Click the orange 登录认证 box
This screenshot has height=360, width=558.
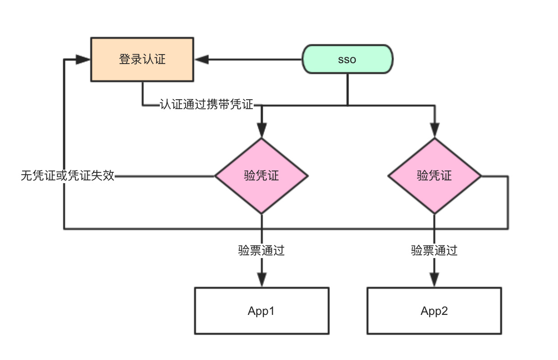142,60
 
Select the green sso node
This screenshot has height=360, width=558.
347,59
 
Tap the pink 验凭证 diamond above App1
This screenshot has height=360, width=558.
261,175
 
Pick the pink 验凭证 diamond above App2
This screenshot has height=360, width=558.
434,175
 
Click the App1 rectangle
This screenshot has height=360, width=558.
261,311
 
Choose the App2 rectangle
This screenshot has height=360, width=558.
434,311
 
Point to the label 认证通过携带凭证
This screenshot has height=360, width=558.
206,105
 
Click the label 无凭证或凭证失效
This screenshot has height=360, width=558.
68,175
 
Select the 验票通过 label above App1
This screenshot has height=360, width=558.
261,250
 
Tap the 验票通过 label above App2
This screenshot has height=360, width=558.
434,250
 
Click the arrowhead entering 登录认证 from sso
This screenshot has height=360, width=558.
202,60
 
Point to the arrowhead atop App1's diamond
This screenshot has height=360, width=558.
261,131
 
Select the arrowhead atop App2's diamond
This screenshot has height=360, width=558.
434,131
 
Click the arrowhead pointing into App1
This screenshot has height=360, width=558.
261,280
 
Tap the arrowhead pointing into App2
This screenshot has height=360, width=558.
434,280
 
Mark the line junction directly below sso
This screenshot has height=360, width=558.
347,106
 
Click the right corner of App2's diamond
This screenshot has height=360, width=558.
481,175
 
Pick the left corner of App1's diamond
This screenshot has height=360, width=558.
215,175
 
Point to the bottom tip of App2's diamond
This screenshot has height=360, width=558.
434,213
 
